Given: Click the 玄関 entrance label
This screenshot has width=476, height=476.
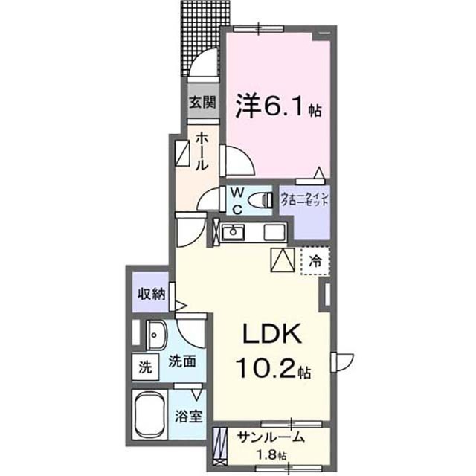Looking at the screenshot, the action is pyautogui.click(x=202, y=103).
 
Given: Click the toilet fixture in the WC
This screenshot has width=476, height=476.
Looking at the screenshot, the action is pyautogui.click(x=260, y=200).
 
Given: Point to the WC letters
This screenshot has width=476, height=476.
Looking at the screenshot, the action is pyautogui.click(x=237, y=200).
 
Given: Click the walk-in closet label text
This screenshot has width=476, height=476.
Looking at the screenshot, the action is pyautogui.click(x=304, y=199).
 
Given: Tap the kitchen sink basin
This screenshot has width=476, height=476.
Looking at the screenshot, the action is pyautogui.click(x=233, y=232).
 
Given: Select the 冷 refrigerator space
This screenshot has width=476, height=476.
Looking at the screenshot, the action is pyautogui.click(x=315, y=261).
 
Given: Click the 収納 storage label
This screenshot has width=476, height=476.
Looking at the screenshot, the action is pyautogui.click(x=152, y=294).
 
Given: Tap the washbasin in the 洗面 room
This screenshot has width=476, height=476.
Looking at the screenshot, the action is pyautogui.click(x=157, y=335).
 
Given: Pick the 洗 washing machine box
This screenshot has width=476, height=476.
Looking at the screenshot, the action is pyautogui.click(x=146, y=367).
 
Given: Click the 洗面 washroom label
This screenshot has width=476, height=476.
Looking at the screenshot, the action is pyautogui.click(x=182, y=361).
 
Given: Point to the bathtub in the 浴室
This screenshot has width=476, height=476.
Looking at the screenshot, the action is pyautogui.click(x=150, y=414).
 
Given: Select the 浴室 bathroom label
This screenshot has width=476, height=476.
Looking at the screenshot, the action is pyautogui.click(x=188, y=416).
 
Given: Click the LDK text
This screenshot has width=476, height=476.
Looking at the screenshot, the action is pyautogui.click(x=272, y=334).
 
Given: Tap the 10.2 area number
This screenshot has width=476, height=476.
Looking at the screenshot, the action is pyautogui.click(x=268, y=367).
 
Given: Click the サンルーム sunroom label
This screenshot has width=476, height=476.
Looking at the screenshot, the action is pyautogui.click(x=271, y=437).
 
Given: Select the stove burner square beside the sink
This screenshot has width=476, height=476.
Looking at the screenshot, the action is pyautogui.click(x=274, y=233).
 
